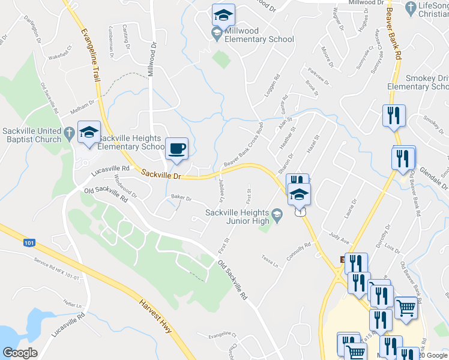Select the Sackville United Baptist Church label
point(32,136)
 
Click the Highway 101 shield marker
point(31,243)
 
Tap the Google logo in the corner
point(20,353)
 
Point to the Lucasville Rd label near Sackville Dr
point(110,171)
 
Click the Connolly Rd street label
point(300,250)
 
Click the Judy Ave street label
point(339,238)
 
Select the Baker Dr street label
point(181,197)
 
